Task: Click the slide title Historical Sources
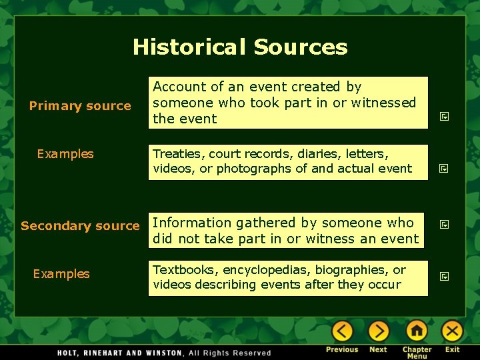(x=240, y=47)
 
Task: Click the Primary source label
(x=80, y=106)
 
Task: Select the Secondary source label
(x=80, y=226)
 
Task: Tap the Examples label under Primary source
(x=65, y=154)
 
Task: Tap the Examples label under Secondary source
(x=61, y=274)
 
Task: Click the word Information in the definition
(x=192, y=223)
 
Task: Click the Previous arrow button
(x=342, y=331)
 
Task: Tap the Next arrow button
(x=378, y=331)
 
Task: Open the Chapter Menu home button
(x=417, y=331)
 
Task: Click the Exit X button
(x=453, y=331)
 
